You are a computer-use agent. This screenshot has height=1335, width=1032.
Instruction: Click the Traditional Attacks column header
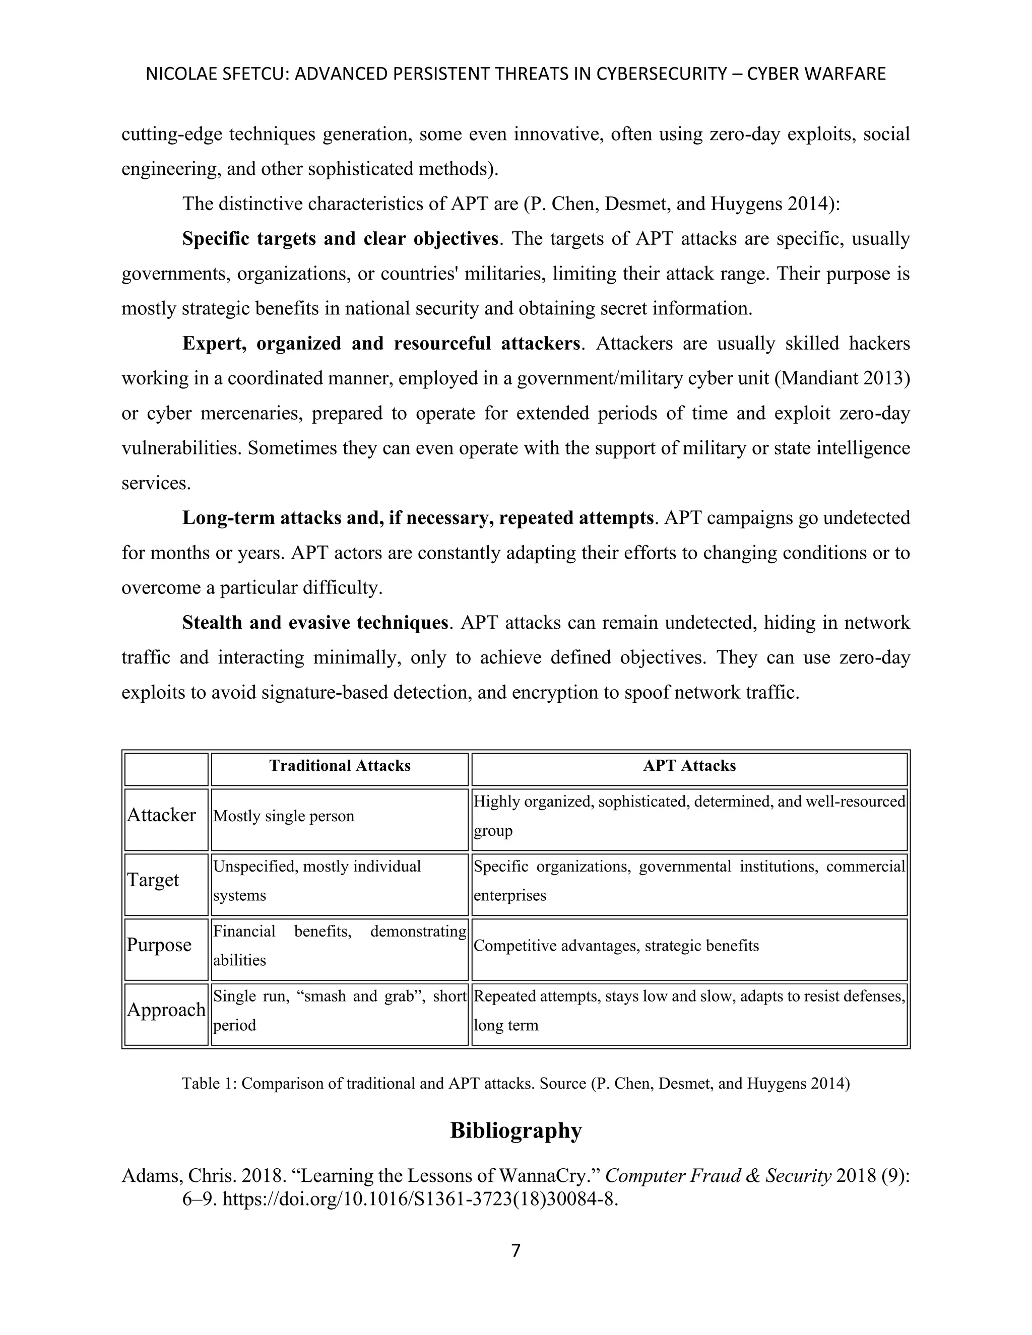(340, 766)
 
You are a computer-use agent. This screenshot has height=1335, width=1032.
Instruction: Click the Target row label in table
(153, 880)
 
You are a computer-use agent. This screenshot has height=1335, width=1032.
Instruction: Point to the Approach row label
(166, 1009)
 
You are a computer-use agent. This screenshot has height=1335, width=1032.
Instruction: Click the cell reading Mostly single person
(284, 816)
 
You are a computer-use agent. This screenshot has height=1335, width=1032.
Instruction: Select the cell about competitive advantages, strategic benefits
(616, 946)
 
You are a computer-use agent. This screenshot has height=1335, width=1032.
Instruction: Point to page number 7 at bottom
(515, 1251)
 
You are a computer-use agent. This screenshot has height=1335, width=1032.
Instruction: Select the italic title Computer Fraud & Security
(718, 1175)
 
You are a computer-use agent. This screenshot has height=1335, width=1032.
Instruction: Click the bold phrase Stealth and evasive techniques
(315, 622)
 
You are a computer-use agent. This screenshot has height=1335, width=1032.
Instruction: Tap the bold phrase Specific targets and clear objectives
(340, 238)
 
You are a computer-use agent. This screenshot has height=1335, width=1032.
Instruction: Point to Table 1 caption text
(515, 1084)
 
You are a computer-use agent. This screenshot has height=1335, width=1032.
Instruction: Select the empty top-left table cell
(166, 769)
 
